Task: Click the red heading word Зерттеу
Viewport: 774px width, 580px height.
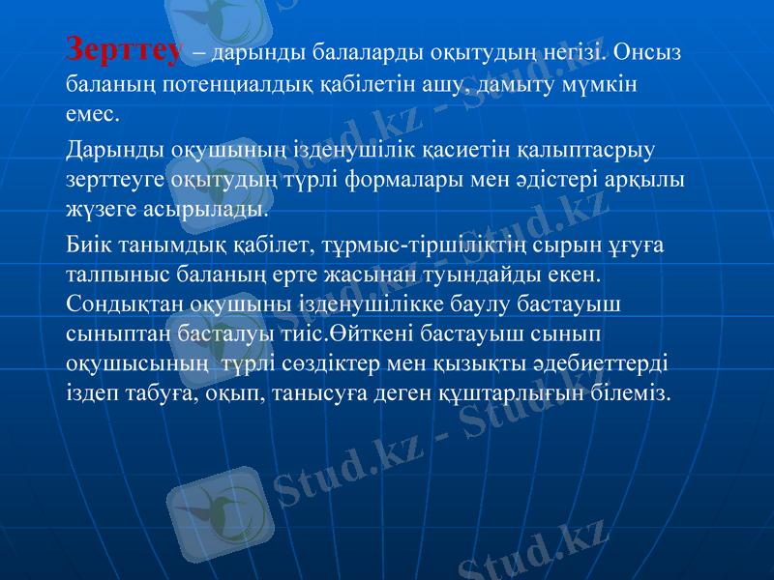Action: point(123,51)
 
